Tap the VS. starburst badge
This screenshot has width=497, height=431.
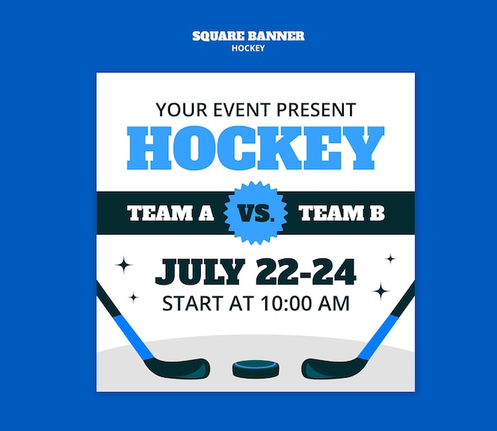(255, 213)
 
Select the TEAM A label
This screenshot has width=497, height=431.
(171, 213)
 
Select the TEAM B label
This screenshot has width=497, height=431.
(341, 213)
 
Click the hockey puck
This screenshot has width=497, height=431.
(256, 368)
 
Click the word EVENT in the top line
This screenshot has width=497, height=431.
(239, 110)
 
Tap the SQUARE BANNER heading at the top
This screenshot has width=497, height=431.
(248, 36)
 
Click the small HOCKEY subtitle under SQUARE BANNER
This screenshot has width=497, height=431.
(248, 48)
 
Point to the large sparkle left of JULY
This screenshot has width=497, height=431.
(123, 265)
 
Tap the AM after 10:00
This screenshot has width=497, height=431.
(335, 303)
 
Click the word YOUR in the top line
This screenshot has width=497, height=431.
(181, 110)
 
